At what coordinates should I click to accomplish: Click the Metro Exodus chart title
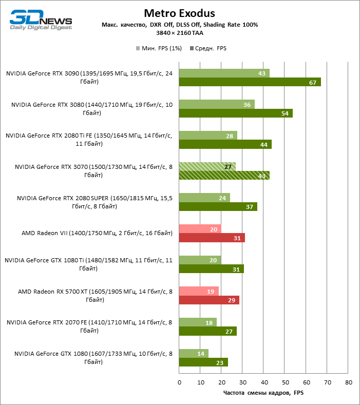coord(179,13)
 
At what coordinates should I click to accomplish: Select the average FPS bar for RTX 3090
coord(250,82)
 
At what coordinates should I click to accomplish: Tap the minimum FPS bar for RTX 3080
coord(217,104)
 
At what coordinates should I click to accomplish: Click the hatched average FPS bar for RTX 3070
coord(224,175)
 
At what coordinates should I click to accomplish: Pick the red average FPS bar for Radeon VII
coord(212,238)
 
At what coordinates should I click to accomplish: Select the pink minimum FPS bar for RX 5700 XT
coord(199,291)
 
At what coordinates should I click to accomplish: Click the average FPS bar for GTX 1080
coord(203,362)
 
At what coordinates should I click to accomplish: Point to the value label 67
coord(312,83)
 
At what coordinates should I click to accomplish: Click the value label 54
coord(285,113)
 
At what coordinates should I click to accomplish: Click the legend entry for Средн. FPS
coord(209,48)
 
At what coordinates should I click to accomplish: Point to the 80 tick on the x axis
coord(349,382)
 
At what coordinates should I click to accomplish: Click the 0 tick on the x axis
coord(179,382)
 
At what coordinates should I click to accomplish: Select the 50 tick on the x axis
coord(285,382)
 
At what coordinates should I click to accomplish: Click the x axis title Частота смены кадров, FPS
coord(263,393)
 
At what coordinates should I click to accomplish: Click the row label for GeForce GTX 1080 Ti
coord(88,264)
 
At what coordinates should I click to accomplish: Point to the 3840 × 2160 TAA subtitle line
coord(179,32)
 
